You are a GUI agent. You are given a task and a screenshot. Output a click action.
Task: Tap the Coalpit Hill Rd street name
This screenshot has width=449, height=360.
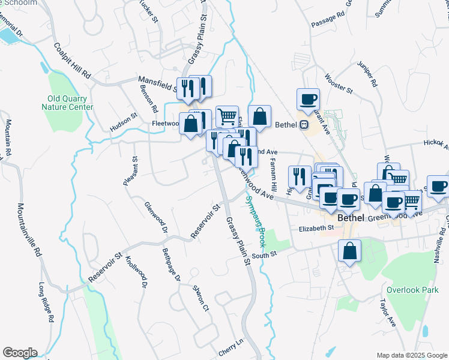[x=71, y=61]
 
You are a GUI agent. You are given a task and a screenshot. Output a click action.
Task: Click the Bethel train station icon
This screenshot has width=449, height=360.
[x=304, y=125]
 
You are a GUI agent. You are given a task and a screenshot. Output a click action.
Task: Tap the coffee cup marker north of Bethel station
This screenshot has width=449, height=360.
[x=308, y=99]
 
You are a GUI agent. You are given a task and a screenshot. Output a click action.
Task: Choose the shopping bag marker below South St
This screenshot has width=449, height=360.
[x=349, y=251]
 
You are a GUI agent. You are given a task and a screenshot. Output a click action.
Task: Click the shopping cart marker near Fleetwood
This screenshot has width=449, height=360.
[x=227, y=116]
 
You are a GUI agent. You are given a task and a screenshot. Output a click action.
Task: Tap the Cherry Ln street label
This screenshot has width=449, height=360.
[x=231, y=347]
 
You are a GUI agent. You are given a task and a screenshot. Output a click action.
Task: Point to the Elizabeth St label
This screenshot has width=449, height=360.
[x=316, y=228]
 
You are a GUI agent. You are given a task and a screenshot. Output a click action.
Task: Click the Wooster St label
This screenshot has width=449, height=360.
[x=338, y=83]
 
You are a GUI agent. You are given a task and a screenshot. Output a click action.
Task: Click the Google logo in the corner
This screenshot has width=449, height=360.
[x=20, y=353]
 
